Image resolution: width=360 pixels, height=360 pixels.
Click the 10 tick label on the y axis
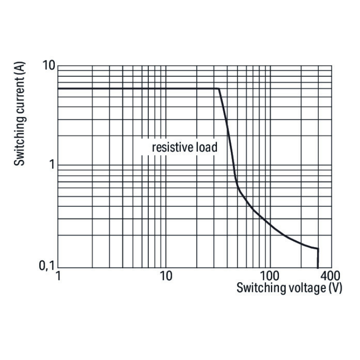[49, 66]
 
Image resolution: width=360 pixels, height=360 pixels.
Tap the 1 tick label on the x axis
[58, 277]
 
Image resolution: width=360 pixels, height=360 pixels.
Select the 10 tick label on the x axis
[166, 277]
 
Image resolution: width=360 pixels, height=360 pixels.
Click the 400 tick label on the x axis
[330, 277]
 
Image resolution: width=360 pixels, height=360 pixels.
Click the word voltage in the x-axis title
[302, 288]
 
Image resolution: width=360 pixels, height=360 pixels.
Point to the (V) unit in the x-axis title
[335, 288]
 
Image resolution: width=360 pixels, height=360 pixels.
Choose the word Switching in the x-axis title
[260, 288]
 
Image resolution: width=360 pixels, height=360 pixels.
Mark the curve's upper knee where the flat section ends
[219, 89]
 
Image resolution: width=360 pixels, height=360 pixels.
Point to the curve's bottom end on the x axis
[318, 267]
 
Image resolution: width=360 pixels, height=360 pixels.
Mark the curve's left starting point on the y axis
[58, 88]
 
